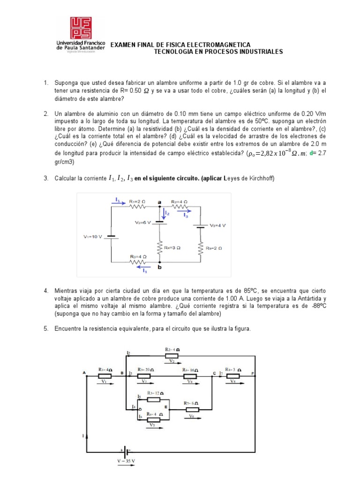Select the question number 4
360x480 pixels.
pyautogui.click(x=46, y=291)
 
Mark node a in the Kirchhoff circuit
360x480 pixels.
pyautogui.click(x=159, y=202)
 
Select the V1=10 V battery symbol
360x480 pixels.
pyautogui.click(x=111, y=237)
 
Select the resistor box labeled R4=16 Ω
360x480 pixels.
pyautogui.click(x=190, y=376)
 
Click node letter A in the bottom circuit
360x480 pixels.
pyautogui.click(x=84, y=373)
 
